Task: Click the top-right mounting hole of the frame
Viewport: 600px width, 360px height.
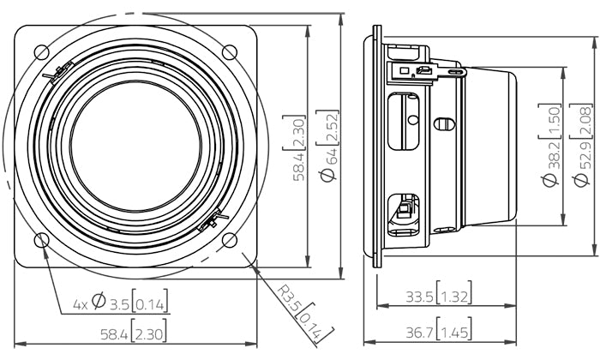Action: coord(229,51)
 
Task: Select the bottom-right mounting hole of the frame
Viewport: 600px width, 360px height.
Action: coord(229,240)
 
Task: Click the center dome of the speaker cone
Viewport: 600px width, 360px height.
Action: coord(135,145)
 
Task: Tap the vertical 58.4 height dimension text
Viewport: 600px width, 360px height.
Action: coord(293,147)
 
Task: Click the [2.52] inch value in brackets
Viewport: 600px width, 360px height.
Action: coord(327,125)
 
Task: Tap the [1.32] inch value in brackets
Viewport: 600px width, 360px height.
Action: coord(452,297)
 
